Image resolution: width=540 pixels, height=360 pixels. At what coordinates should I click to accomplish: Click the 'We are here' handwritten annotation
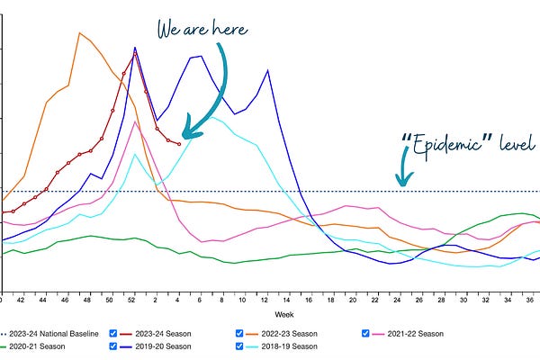coord(202,29)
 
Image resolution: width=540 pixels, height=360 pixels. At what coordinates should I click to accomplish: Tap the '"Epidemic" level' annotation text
coord(468,143)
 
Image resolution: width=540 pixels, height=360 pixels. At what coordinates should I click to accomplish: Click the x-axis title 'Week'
coord(283,314)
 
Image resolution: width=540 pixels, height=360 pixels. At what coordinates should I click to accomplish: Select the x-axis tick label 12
coord(267,300)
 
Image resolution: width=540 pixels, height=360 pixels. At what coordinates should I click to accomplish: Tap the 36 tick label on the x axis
coord(530,300)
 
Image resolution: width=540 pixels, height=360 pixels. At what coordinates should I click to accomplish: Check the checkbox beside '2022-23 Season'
coord(239,333)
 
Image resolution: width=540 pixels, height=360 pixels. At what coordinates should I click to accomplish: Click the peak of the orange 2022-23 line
coord(79,33)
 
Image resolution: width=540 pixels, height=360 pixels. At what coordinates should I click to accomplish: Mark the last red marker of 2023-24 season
coord(179,144)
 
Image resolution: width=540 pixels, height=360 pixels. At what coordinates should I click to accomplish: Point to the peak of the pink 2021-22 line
coord(135,121)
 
